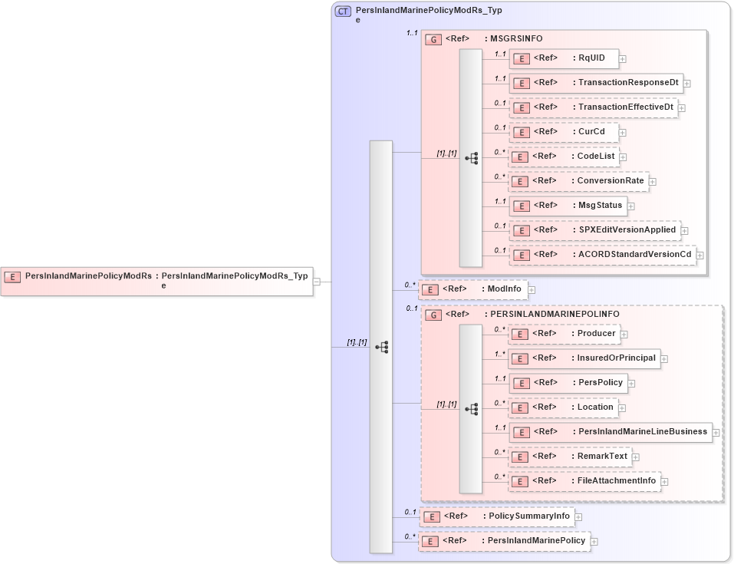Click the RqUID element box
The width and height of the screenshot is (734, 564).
[x=564, y=58]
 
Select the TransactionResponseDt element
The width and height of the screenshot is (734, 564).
[x=596, y=83]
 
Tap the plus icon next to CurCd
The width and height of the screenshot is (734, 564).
[x=622, y=132]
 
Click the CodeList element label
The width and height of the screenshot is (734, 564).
[x=596, y=157]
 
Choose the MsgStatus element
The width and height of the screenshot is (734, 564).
[x=568, y=206]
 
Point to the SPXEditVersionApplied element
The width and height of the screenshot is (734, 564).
[x=594, y=230]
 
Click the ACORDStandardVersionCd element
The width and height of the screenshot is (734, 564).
[x=602, y=255]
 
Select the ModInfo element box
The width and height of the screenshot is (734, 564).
[x=473, y=289]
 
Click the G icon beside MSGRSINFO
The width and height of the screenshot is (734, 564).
[x=433, y=39]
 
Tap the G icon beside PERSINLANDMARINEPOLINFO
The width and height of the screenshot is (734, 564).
[x=433, y=315]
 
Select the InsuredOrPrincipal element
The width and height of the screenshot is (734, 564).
[x=584, y=358]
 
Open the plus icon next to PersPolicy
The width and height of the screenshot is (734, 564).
[x=631, y=383]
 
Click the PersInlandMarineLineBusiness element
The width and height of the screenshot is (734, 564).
[x=610, y=432]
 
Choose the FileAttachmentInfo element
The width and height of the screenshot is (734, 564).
[x=584, y=481]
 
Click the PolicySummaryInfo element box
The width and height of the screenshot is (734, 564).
[x=496, y=516]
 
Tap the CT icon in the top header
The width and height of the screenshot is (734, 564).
[x=343, y=12]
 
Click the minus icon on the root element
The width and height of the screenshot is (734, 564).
[x=317, y=282]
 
